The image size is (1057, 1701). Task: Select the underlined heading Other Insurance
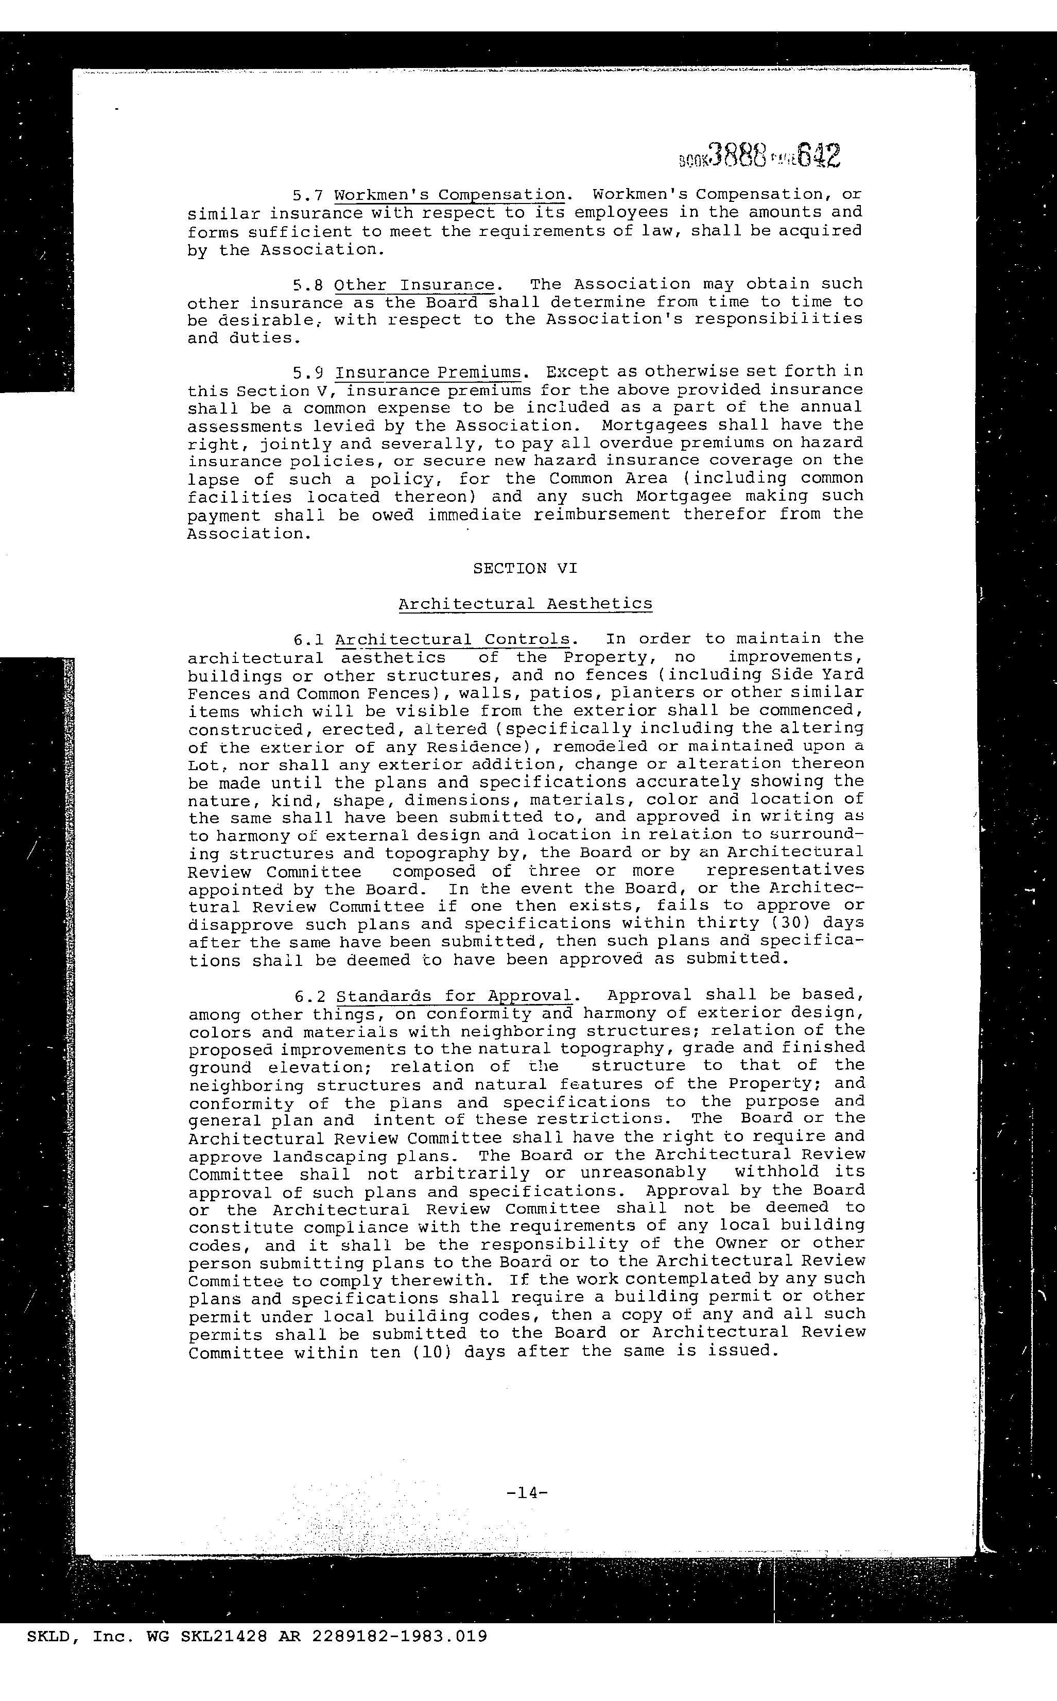click(x=414, y=285)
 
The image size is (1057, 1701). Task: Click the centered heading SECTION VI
click(x=525, y=569)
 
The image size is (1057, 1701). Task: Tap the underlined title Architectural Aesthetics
click(x=525, y=604)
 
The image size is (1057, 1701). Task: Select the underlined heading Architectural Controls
click(x=454, y=639)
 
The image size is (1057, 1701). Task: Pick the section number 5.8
click(x=305, y=285)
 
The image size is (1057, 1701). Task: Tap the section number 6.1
click(x=306, y=639)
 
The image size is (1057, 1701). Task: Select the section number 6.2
click(x=307, y=995)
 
